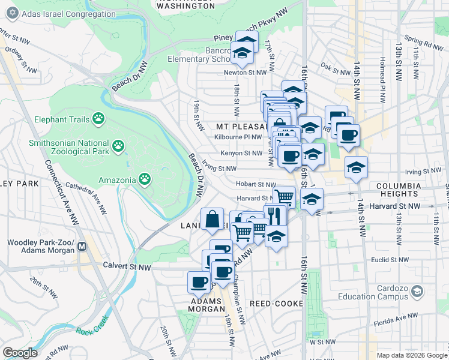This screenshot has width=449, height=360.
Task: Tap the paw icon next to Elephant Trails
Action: coord(98,119)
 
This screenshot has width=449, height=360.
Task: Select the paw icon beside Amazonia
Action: coord(145,179)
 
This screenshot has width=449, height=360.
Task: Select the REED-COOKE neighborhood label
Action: coord(276,304)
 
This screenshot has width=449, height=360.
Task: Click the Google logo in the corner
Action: coord(20,353)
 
